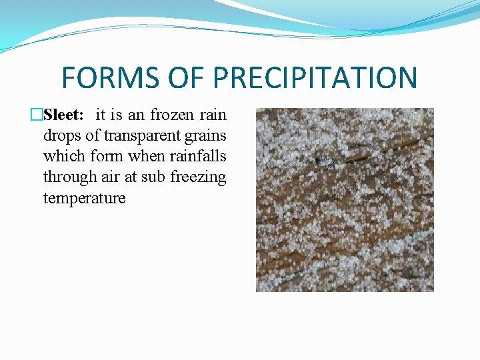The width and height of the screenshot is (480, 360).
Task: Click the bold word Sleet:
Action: (63, 115)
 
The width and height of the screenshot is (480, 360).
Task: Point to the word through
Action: (67, 178)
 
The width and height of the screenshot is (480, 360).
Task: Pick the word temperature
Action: (84, 199)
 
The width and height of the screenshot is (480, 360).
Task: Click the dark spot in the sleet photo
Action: (323, 161)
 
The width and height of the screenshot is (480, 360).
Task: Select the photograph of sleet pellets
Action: (345, 200)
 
